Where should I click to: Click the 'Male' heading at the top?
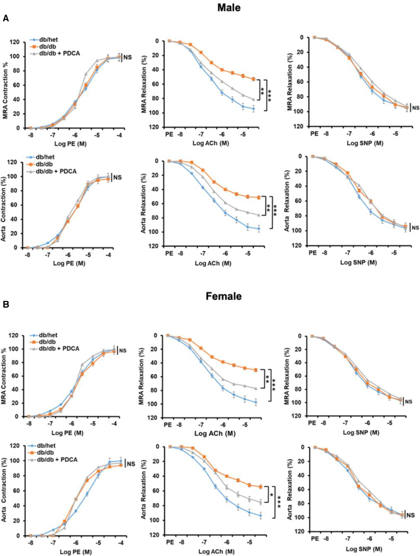229,8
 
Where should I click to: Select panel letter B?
6,304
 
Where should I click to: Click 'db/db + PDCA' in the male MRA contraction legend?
59,53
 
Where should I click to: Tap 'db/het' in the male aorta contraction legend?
45,157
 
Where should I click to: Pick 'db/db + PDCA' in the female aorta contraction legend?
57,459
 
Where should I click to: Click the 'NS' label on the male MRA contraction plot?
127,57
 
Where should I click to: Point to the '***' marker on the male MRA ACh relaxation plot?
270,95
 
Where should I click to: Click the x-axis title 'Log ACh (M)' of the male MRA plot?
210,143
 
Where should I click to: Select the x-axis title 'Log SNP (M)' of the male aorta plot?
358,262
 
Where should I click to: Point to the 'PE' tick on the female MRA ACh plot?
168,425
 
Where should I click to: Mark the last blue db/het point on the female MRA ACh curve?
256,402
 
